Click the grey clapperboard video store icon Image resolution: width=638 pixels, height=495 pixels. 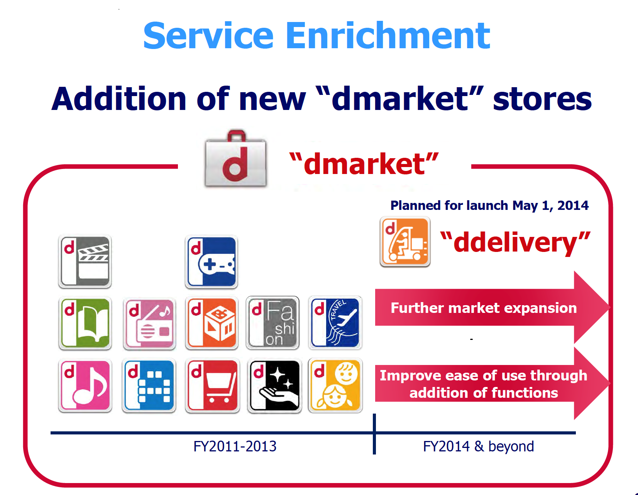pos(85,261)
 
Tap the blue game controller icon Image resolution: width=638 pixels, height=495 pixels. pos(212,262)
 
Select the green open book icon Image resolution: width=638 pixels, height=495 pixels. pos(85,323)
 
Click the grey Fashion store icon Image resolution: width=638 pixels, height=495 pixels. pos(273,323)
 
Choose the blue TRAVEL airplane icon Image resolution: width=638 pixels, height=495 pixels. pos(335,323)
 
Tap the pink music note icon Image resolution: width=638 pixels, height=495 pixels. pos(85,385)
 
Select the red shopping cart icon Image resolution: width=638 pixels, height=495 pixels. pos(213,385)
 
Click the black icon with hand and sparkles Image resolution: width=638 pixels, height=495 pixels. pos(274,385)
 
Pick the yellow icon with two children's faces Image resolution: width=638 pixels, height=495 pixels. pos(335,385)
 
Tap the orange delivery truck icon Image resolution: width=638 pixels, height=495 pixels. pos(405,242)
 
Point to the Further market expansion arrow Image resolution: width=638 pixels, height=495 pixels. pos(492,307)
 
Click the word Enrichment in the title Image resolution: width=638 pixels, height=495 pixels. pos(388,36)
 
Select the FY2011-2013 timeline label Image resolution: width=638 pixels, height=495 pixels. pos(235,446)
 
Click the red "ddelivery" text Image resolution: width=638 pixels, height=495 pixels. pos(515,242)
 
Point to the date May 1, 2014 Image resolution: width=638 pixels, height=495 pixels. pos(550,206)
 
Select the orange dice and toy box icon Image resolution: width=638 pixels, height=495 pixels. pos(212,323)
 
